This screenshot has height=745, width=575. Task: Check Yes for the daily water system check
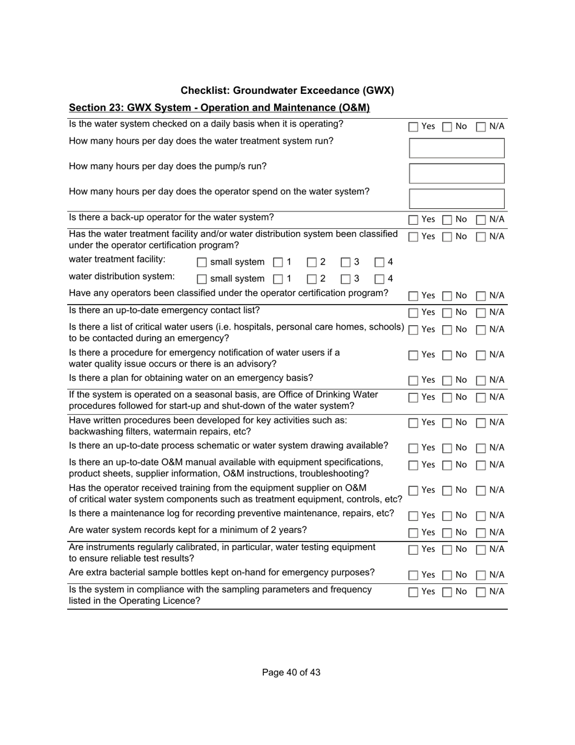[413, 127]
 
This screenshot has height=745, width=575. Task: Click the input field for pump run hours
[457, 173]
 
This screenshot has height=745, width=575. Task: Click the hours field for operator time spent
[457, 199]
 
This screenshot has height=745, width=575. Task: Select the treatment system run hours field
[457, 148]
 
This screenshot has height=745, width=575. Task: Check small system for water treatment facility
[202, 263]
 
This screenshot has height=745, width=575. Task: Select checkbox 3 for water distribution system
[346, 279]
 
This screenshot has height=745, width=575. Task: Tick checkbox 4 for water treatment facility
[379, 263]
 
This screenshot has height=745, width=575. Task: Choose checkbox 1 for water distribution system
[278, 279]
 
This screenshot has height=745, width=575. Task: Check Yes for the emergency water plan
[413, 381]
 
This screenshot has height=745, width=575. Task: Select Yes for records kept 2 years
[413, 533]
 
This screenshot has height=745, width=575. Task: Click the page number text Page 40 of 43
[291, 672]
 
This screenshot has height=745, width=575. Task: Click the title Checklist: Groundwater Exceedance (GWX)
[287, 91]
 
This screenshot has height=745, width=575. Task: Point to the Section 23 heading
[219, 108]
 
